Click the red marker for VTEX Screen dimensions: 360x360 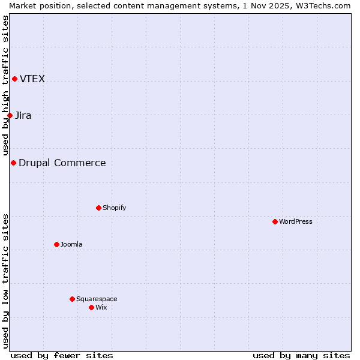pyautogui.click(x=14, y=79)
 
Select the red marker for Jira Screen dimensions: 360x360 pyautogui.click(x=10, y=115)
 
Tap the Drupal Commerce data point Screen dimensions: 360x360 pyautogui.click(x=13, y=163)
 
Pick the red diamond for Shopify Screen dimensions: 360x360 pyautogui.click(x=98, y=208)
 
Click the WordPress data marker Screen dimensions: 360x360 pyautogui.click(x=275, y=221)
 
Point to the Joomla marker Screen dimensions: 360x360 pyautogui.click(x=56, y=244)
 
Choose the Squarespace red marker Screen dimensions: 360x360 pyautogui.click(x=72, y=299)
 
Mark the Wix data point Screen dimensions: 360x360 pyautogui.click(x=91, y=307)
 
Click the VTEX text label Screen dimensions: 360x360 pyautogui.click(x=32, y=79)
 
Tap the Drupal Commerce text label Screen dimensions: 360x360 pyautogui.click(x=62, y=163)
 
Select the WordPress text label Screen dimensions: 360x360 pyautogui.click(x=296, y=222)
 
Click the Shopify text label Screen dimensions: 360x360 pyautogui.click(x=115, y=208)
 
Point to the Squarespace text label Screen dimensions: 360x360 pyautogui.click(x=97, y=299)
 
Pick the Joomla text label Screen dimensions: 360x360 pyautogui.click(x=71, y=245)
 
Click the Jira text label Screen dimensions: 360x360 pyautogui.click(x=23, y=116)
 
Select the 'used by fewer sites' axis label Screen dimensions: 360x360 pyautogui.click(x=62, y=355)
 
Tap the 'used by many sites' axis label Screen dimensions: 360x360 pyautogui.click(x=301, y=355)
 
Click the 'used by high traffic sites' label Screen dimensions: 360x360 pyautogui.click(x=5, y=85)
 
